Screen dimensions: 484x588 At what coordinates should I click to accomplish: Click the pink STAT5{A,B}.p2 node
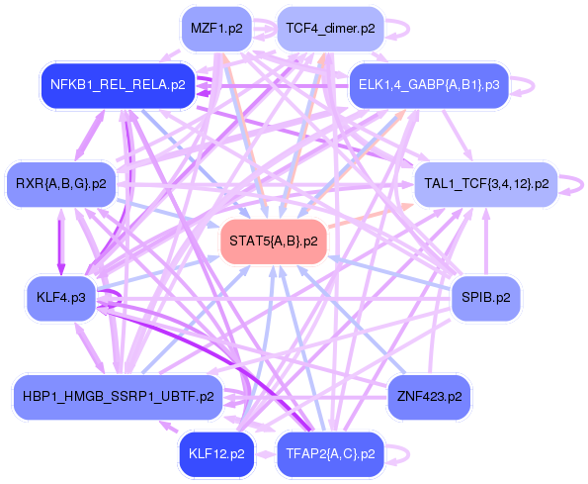click(273, 241)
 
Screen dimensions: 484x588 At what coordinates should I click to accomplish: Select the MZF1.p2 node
click(215, 29)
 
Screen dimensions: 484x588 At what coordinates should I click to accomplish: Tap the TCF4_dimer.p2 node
click(329, 29)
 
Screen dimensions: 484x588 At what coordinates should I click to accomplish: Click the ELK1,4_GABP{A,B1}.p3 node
click(428, 85)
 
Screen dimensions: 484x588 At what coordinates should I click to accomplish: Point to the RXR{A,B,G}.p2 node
click(60, 183)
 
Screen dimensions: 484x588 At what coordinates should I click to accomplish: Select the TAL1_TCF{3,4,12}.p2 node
click(486, 183)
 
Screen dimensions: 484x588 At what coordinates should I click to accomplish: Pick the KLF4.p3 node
click(60, 297)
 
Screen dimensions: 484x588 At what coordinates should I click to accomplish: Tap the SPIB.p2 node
click(486, 297)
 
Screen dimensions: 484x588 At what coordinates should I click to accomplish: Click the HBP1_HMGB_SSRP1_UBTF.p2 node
click(117, 397)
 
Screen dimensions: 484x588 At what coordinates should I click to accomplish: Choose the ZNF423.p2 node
click(429, 397)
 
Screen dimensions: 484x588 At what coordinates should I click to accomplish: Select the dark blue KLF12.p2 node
click(215, 454)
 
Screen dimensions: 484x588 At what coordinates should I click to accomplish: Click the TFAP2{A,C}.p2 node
click(329, 454)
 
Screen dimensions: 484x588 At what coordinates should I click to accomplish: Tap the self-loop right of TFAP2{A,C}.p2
click(397, 454)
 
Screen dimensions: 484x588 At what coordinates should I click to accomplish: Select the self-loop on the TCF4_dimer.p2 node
click(397, 29)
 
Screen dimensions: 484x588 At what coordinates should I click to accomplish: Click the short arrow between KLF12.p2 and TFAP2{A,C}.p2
click(265, 454)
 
